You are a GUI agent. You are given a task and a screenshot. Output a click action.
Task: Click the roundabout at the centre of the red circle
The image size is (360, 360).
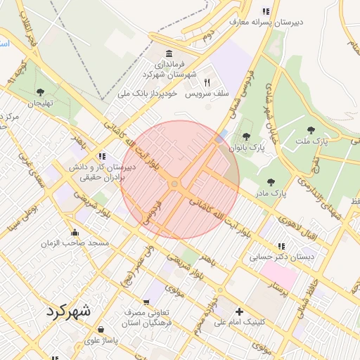point(174,184)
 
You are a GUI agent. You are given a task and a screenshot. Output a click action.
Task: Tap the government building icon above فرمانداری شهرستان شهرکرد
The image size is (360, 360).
point(169,54)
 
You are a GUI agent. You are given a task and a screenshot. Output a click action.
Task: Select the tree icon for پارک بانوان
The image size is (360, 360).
point(245,136)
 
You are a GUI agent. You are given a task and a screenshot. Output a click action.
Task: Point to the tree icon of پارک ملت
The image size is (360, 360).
point(311,130)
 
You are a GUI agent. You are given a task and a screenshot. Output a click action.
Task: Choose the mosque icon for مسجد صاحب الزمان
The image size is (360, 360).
point(75,233)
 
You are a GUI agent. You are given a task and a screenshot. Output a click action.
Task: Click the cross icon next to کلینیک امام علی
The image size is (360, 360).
point(239,311)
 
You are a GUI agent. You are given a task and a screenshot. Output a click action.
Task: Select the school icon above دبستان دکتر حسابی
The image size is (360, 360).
point(281,246)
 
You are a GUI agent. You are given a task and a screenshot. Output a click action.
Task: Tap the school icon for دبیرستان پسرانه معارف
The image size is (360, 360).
point(265,11)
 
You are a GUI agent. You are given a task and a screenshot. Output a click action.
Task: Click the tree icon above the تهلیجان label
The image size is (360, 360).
point(40,91)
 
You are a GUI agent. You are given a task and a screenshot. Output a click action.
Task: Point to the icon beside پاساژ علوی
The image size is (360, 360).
point(102,329)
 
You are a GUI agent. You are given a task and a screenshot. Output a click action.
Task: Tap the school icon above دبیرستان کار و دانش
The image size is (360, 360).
point(102,156)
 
